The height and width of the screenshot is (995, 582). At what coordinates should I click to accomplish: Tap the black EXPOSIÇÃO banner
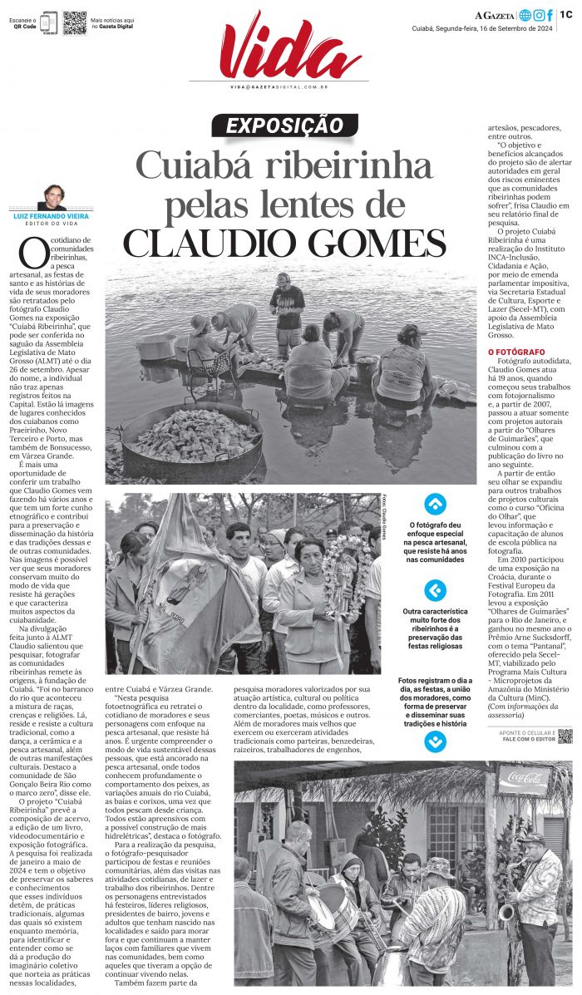coord(284,126)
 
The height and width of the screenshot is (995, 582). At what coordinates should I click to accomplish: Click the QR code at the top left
coord(75,22)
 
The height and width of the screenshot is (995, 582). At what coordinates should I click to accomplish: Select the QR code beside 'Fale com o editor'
coord(565,735)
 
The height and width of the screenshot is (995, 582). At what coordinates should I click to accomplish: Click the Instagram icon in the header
coord(539,15)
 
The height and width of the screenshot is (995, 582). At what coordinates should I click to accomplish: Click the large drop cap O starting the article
coord(34,251)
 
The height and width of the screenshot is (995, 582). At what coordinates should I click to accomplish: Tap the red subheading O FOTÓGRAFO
coord(516,352)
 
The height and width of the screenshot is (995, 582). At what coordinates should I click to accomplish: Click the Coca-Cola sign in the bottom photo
coord(525,779)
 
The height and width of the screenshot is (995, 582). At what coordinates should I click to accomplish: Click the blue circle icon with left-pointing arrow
coord(435,590)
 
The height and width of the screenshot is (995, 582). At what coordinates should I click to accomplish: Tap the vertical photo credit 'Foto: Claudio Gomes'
coord(387,519)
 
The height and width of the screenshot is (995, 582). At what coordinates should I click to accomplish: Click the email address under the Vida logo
coord(279,86)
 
